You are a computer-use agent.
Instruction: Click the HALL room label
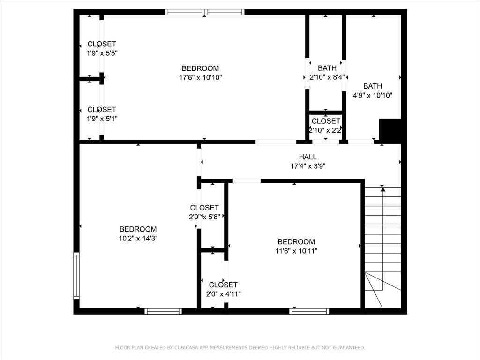pyautogui.click(x=308, y=157)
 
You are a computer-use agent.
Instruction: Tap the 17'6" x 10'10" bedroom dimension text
pyautogui.click(x=200, y=77)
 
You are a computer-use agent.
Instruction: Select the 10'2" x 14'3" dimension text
pyautogui.click(x=138, y=238)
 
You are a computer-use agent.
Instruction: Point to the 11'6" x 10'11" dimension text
pyautogui.click(x=296, y=251)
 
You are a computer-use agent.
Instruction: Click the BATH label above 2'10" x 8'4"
pyautogui.click(x=327, y=68)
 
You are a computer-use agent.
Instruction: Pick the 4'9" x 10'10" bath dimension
pyautogui.click(x=373, y=95)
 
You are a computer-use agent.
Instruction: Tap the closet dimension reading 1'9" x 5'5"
pyautogui.click(x=102, y=53)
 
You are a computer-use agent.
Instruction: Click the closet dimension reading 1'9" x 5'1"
pyautogui.click(x=102, y=119)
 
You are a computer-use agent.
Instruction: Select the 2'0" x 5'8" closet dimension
pyautogui.click(x=204, y=217)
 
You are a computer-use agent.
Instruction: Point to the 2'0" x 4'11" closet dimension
pyautogui.click(x=223, y=294)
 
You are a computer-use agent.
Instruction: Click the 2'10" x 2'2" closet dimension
pyautogui.click(x=326, y=130)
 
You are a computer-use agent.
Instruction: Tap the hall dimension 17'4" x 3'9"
pyautogui.click(x=308, y=166)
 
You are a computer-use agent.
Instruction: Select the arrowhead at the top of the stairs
pyautogui.click(x=383, y=189)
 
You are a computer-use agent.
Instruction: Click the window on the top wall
pyautogui.click(x=205, y=12)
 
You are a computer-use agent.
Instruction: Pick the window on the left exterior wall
pyautogui.click(x=76, y=276)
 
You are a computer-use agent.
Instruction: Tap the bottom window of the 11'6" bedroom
pyautogui.click(x=309, y=311)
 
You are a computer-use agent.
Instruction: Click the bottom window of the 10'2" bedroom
pyautogui.click(x=163, y=311)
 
